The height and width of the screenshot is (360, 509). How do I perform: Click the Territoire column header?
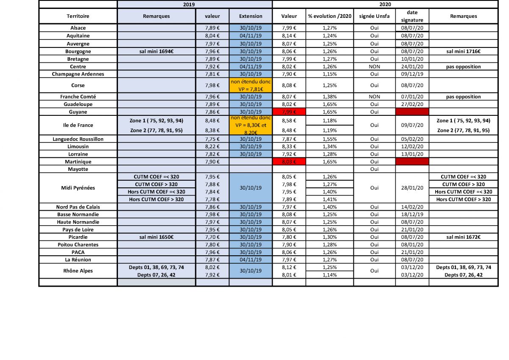click(78, 16)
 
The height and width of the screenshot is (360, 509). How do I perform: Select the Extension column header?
click(251, 16)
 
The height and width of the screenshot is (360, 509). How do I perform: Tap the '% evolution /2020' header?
click(330, 16)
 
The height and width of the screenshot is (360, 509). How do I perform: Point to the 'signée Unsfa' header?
click(374, 16)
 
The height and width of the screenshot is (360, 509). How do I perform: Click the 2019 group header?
click(195, 4)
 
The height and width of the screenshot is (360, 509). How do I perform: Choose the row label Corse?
click(78, 85)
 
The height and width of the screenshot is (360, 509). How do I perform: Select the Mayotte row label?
click(78, 169)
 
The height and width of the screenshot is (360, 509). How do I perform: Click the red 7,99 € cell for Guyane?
click(289, 112)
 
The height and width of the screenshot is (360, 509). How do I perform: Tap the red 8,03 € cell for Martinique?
click(289, 162)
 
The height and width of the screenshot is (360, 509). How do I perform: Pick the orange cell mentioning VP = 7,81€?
click(251, 85)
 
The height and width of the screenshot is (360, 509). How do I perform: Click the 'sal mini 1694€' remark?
click(156, 51)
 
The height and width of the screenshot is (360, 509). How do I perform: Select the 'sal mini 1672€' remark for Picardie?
click(464, 237)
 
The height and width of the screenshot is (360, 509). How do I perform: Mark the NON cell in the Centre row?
click(374, 67)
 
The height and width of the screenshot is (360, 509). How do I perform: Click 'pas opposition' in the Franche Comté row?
click(464, 97)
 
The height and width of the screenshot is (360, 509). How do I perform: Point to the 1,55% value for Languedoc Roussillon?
click(330, 139)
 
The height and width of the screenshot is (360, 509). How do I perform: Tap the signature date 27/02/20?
click(412, 104)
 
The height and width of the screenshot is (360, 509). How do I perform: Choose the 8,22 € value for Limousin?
click(212, 146)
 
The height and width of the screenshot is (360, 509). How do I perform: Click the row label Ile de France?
click(78, 125)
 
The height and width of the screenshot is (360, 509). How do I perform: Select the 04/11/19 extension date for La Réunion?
click(251, 260)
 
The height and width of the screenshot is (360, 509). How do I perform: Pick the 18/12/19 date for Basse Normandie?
click(412, 214)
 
